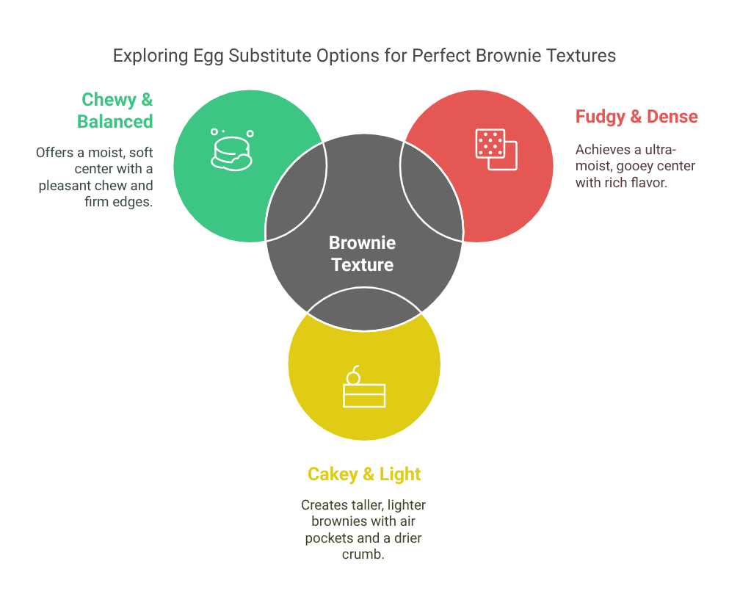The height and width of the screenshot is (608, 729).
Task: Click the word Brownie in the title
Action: tap(509, 56)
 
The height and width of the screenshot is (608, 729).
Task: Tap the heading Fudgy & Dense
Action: tap(636, 117)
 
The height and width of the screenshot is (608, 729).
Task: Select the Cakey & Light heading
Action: tap(364, 474)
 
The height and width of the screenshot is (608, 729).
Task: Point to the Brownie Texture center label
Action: tap(363, 253)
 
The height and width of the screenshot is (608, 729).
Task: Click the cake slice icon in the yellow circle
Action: tap(364, 387)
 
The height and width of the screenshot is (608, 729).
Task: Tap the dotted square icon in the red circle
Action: tap(496, 149)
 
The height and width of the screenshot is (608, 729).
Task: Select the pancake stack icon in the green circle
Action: tap(231, 150)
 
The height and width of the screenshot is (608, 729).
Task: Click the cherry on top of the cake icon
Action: tap(353, 375)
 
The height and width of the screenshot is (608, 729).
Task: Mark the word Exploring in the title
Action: tap(150, 56)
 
